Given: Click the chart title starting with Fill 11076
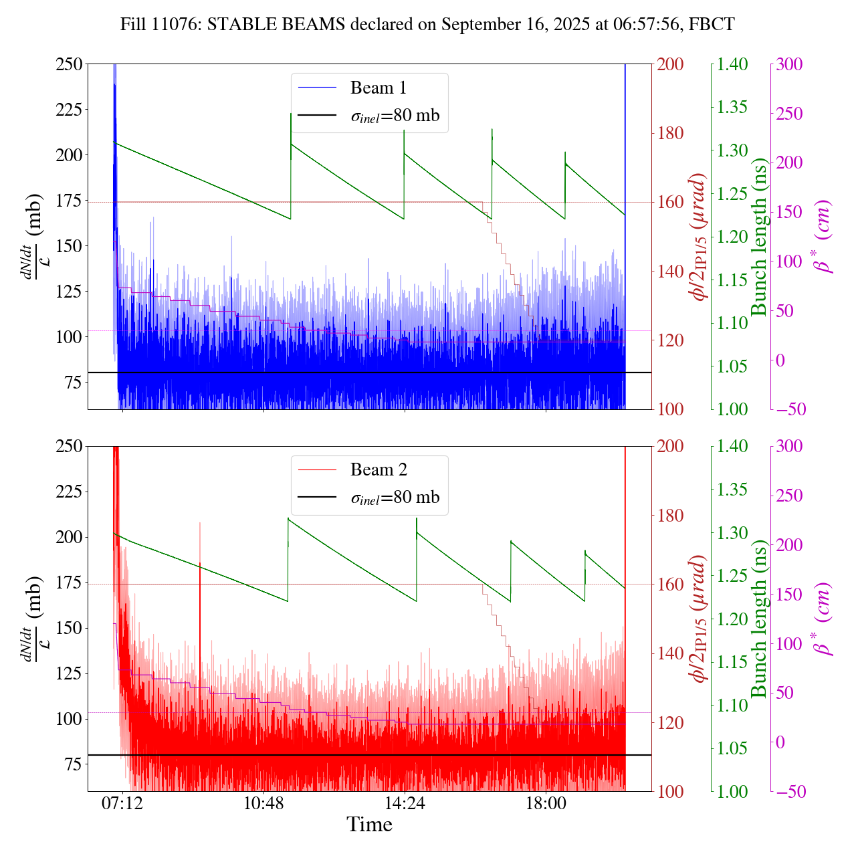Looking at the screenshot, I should tap(427, 25).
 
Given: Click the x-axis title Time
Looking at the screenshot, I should tap(369, 825).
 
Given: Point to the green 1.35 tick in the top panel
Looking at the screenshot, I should tap(737, 107).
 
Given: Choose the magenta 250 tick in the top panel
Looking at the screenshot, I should tap(789, 114).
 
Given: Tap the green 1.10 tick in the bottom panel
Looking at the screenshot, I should tap(737, 705).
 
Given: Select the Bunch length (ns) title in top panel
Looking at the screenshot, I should tap(759, 237).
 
